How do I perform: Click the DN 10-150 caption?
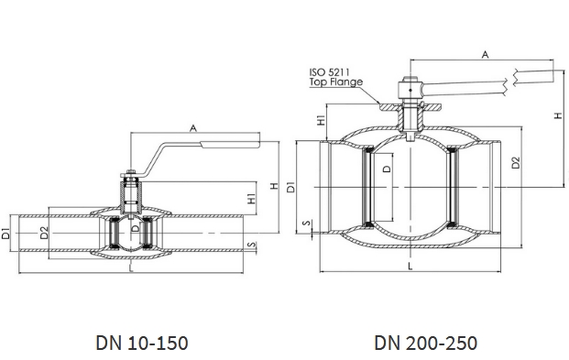coord(142,343)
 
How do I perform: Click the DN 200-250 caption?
coord(425,343)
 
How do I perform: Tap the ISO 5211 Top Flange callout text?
coord(335,77)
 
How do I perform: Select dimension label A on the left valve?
coord(193,128)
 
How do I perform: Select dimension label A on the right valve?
coord(485,54)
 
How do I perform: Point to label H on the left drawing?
coord(275,186)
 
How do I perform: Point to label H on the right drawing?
coord(558,115)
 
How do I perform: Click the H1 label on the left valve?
coord(251,198)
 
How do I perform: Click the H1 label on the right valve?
coord(322,120)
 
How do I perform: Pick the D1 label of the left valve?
coord(5,234)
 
